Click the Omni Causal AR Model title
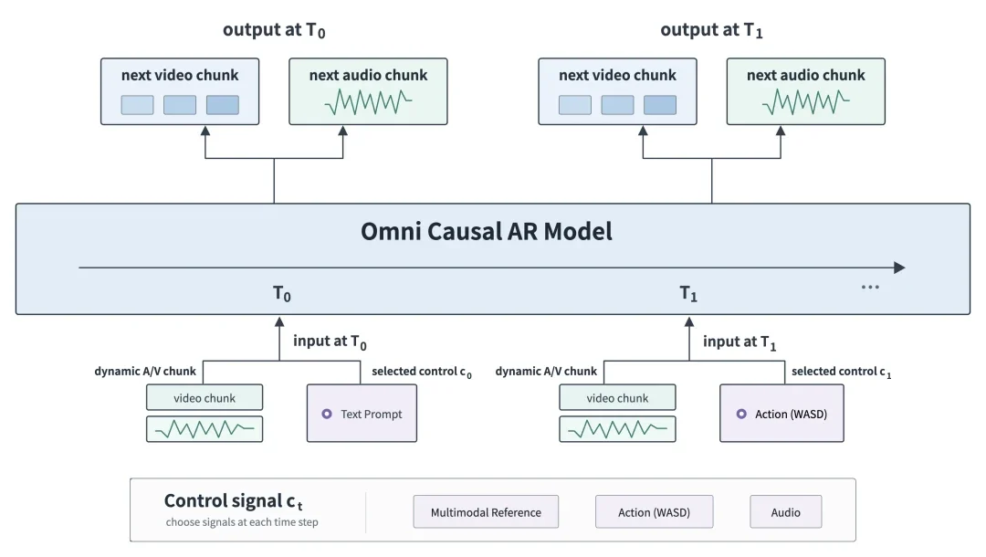(486, 231)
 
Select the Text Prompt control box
(362, 414)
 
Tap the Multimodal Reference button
(486, 511)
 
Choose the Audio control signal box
(785, 511)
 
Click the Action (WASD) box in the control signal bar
(654, 511)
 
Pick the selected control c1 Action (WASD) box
(781, 414)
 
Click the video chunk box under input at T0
(205, 398)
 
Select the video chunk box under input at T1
(617, 398)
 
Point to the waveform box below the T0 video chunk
(205, 429)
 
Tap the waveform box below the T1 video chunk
(617, 429)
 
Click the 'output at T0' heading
(274, 30)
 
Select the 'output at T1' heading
(712, 30)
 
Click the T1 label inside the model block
(688, 294)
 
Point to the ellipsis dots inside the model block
(870, 288)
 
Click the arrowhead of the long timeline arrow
(900, 268)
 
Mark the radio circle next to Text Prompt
(327, 414)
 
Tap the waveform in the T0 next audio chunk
(369, 102)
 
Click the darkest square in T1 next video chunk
(660, 105)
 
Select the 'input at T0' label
(330, 342)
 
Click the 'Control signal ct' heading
(234, 501)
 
